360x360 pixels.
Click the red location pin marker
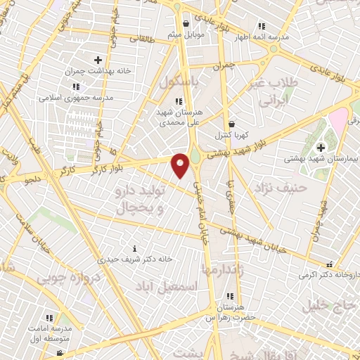pyautogui.click(x=181, y=165)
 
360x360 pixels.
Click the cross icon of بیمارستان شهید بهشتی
pyautogui.click(x=321, y=148)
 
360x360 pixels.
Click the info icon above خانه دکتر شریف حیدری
pyautogui.click(x=135, y=248)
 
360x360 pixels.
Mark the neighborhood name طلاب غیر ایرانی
pyautogui.click(x=278, y=91)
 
